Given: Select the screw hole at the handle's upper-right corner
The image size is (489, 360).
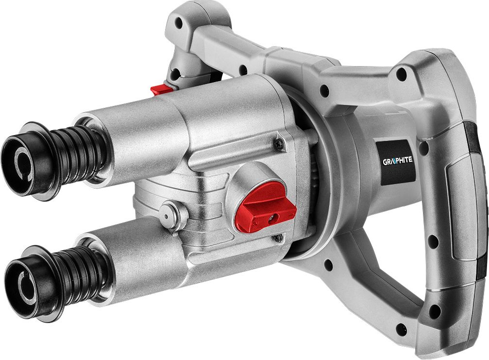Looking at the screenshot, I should click(x=401, y=74).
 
